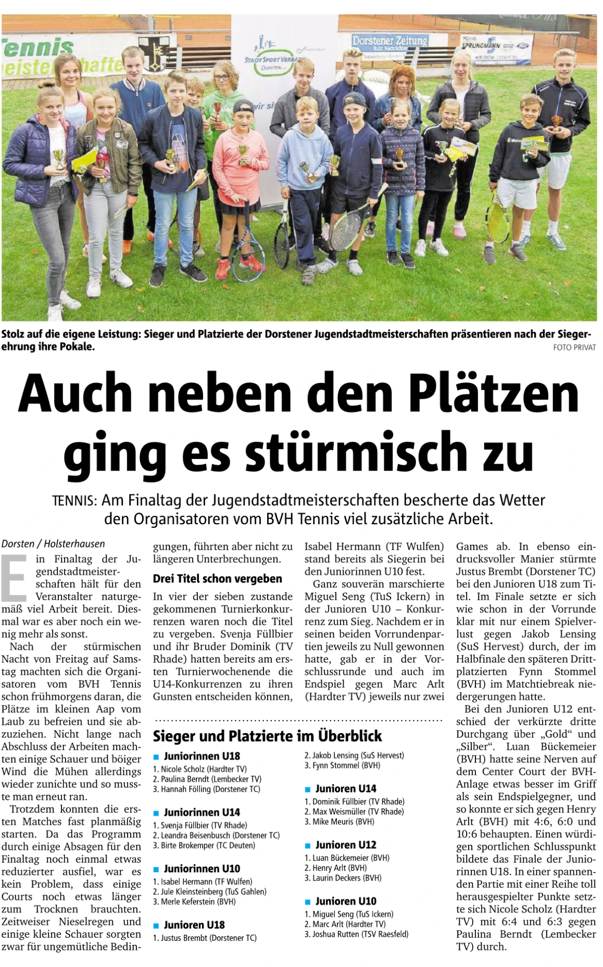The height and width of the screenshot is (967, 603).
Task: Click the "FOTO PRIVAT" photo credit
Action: click(x=574, y=347)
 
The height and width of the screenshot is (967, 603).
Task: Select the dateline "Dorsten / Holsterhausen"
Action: click(x=53, y=543)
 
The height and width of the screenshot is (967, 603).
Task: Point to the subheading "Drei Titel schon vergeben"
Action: click(x=217, y=579)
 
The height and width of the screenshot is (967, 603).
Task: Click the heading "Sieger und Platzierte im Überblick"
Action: click(x=267, y=736)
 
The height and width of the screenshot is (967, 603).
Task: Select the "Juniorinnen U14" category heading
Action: click(x=202, y=812)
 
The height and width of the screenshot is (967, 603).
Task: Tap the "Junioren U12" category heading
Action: click(x=346, y=845)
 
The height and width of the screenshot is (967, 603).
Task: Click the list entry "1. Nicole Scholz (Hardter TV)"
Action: click(x=199, y=768)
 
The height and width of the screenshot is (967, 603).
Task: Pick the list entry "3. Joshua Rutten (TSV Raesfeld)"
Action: click(x=356, y=934)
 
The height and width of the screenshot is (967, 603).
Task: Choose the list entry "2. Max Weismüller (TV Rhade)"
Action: click(x=354, y=811)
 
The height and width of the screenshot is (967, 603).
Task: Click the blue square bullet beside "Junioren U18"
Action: click(x=156, y=926)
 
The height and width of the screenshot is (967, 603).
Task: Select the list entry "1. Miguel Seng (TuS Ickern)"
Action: click(x=349, y=914)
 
